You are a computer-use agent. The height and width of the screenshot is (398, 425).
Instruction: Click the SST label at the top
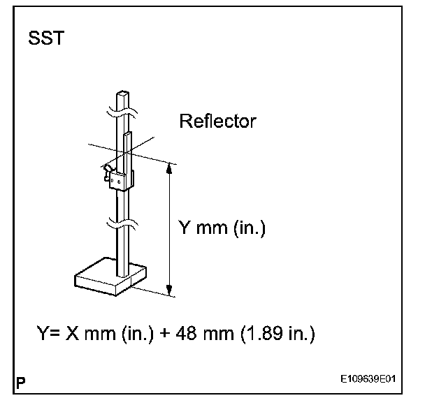[46, 38]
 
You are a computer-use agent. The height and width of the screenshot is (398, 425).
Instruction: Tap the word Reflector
[217, 121]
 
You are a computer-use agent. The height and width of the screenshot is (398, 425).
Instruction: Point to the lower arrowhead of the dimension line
[169, 292]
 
